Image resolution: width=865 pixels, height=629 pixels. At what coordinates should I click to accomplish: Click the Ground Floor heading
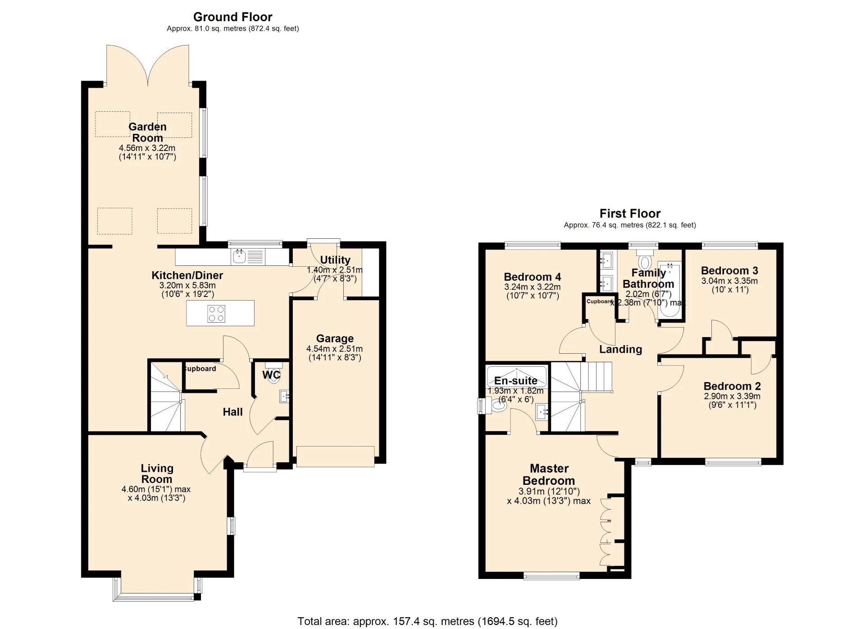(232, 17)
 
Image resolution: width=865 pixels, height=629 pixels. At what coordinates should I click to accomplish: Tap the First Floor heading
(629, 214)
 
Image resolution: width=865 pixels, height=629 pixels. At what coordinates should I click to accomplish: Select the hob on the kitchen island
(216, 314)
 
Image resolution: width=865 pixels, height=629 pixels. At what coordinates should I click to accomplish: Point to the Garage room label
(335, 338)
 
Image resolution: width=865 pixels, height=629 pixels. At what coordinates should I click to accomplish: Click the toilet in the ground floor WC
(273, 375)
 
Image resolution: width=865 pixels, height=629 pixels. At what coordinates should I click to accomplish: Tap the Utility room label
(335, 260)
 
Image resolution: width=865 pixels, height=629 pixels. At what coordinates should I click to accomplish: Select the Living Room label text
(157, 474)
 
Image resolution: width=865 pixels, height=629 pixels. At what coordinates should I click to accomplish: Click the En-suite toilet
(497, 406)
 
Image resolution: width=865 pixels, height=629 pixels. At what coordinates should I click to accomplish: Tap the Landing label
(620, 349)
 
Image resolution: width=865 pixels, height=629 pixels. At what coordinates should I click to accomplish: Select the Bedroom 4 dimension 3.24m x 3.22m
(532, 287)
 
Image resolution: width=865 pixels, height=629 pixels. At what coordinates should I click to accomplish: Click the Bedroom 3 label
(729, 271)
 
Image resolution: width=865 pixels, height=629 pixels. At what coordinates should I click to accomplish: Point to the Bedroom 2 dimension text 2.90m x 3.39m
(732, 397)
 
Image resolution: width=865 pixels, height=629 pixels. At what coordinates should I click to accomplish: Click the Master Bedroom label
(549, 474)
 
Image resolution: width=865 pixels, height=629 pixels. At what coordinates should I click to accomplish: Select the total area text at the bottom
(427, 621)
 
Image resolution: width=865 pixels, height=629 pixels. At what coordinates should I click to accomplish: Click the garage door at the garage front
(335, 456)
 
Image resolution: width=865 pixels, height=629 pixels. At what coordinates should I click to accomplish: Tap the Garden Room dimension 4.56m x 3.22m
(147, 148)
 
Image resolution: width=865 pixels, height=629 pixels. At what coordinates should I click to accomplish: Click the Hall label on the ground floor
(232, 412)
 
